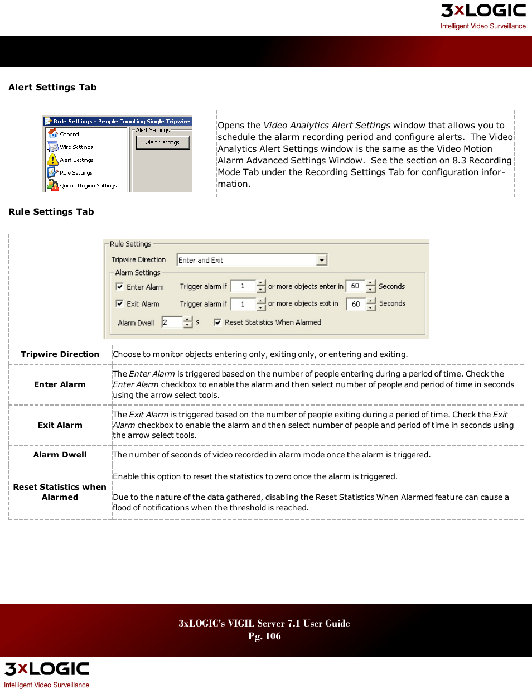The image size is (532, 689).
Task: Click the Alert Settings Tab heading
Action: coord(52,88)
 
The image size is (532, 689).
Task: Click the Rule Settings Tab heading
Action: coord(51,212)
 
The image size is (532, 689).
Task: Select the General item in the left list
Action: coord(69,134)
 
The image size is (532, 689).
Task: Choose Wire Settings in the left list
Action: coord(76,147)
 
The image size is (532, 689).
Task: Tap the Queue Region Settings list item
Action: coord(88,186)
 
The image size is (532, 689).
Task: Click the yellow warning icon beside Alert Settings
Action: coord(53,160)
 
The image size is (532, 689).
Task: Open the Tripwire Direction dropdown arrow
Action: coord(322,261)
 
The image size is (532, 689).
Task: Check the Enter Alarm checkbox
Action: coord(120,287)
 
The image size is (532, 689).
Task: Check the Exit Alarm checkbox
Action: coord(120,304)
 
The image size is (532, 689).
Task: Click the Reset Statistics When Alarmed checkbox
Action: coord(218,322)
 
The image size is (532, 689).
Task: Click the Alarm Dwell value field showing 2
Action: coord(171,322)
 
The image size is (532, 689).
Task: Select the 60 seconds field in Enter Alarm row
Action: coord(355,286)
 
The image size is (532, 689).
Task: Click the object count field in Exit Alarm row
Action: coord(243,304)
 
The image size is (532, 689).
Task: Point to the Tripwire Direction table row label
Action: coord(60,355)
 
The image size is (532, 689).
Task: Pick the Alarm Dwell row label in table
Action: coord(60,455)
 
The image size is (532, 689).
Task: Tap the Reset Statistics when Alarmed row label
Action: coord(60,492)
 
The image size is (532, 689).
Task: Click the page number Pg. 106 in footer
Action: coord(264,637)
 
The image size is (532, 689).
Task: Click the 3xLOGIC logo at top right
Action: coord(483,11)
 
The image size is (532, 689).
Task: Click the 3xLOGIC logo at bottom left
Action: coord(47,669)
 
